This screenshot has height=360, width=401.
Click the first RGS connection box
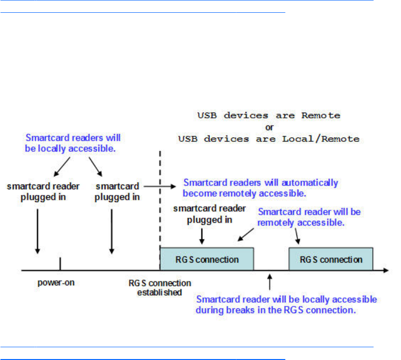(x=207, y=259)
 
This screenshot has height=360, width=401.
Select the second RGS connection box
(x=331, y=259)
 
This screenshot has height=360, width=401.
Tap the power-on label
(x=57, y=283)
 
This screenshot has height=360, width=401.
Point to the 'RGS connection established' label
(x=160, y=288)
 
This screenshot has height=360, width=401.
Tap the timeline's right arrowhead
(x=386, y=271)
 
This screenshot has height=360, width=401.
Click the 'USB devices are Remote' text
(x=268, y=115)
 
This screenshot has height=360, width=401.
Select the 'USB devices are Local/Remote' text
(x=268, y=139)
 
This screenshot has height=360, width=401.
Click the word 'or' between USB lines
(x=268, y=127)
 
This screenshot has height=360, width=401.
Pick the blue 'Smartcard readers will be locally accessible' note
(x=73, y=142)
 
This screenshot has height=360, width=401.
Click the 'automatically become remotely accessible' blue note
(x=261, y=187)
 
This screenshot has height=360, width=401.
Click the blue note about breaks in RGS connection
(x=286, y=305)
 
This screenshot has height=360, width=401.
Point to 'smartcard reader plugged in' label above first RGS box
(x=202, y=213)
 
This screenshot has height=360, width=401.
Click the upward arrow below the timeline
(x=270, y=282)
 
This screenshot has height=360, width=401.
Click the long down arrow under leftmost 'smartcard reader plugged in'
(x=37, y=229)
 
